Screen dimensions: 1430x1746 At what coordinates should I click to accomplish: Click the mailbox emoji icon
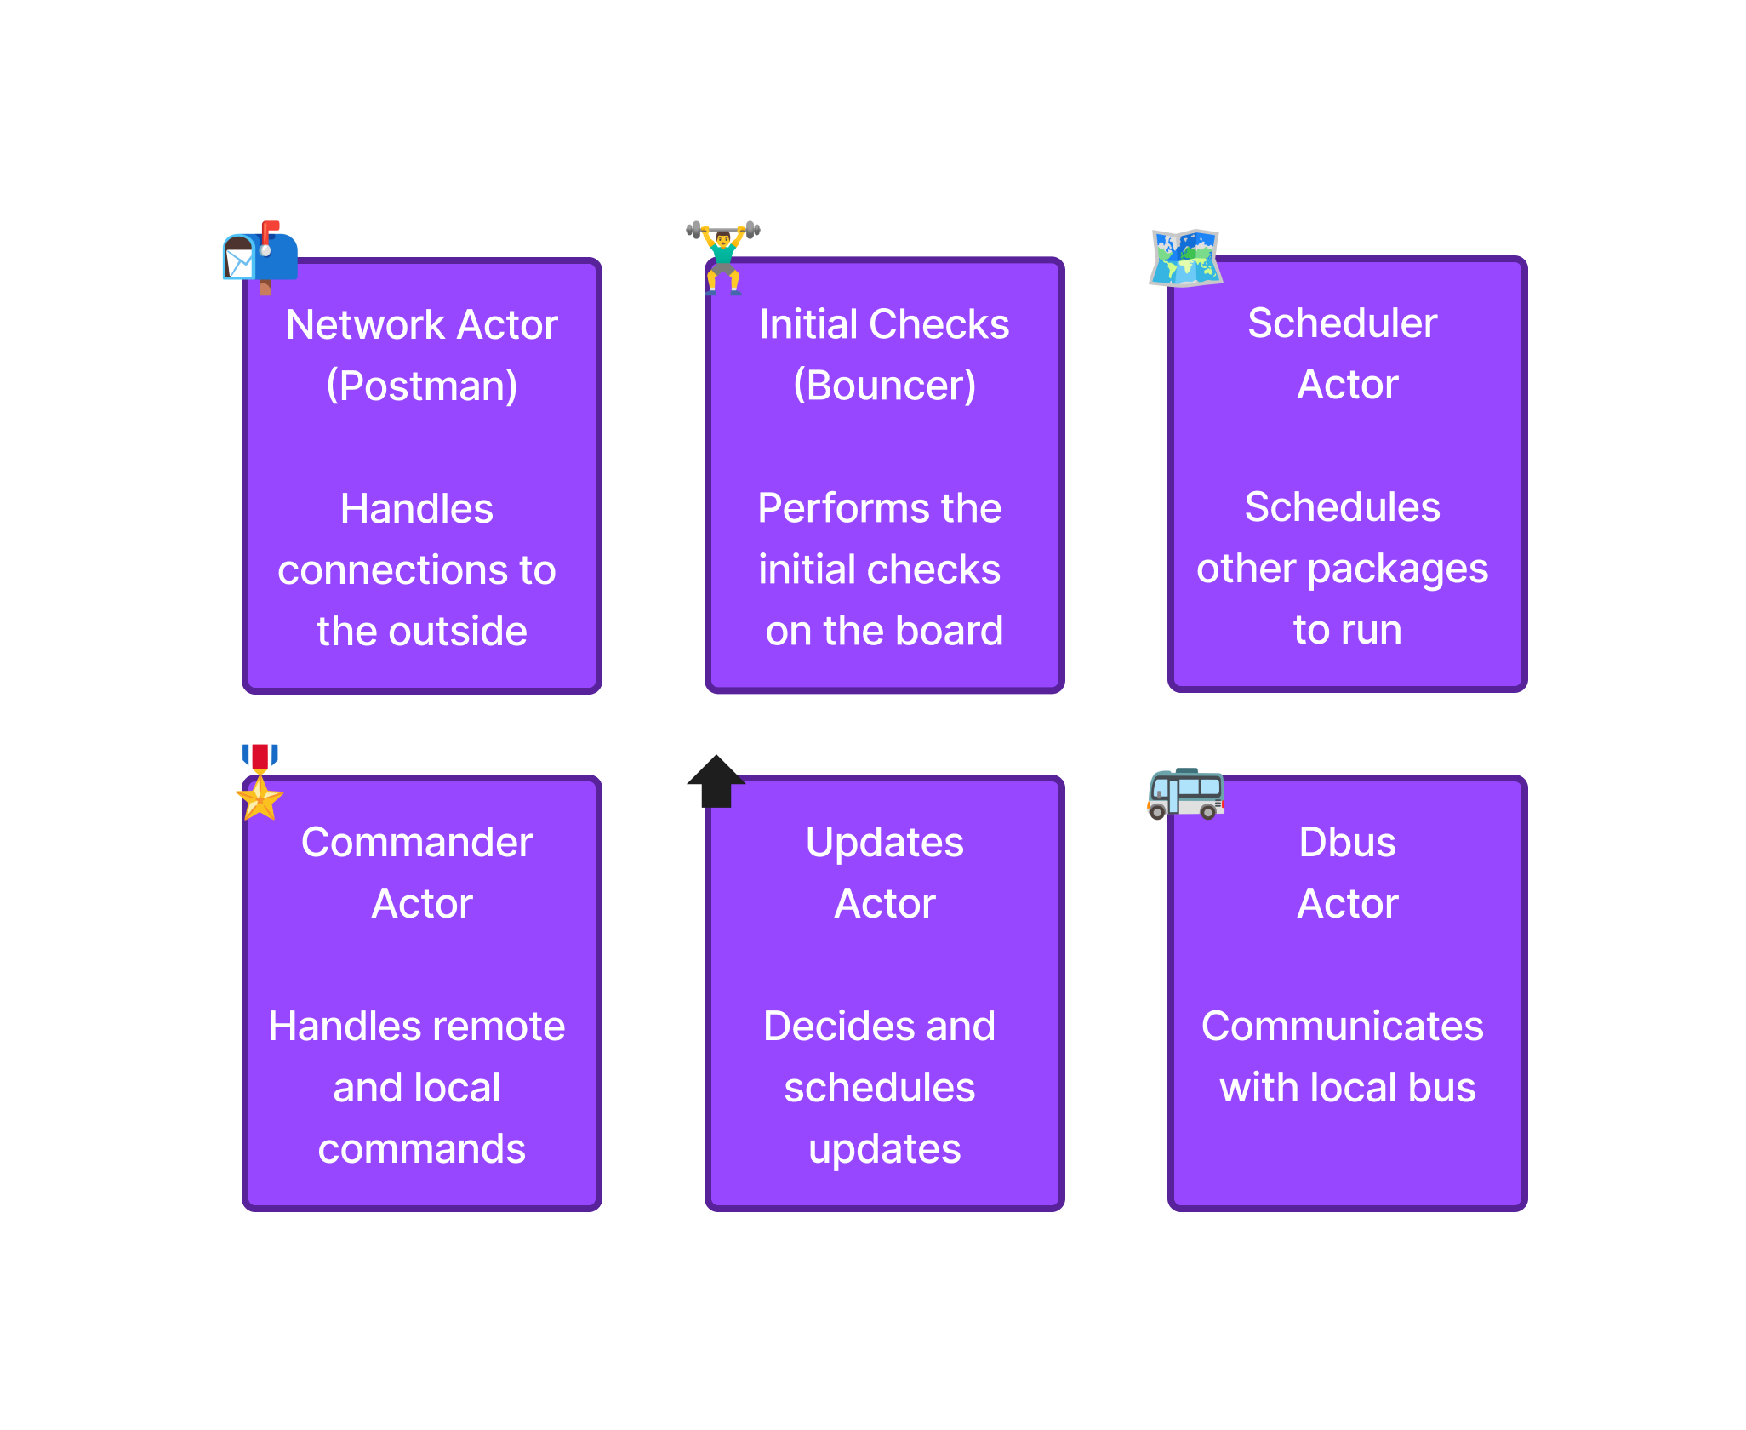[260, 256]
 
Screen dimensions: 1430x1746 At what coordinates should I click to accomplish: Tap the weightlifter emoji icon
[723, 256]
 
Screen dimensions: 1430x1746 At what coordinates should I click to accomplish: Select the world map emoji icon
[1185, 256]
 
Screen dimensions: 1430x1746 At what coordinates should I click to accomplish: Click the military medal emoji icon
[260, 781]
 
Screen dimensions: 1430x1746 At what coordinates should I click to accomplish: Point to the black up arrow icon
[716, 781]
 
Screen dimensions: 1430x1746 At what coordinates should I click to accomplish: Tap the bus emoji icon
[1185, 792]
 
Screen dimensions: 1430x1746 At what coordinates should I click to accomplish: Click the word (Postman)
[422, 386]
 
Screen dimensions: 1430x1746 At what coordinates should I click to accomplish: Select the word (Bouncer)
[884, 386]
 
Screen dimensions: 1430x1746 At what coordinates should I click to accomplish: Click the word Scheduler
[1342, 323]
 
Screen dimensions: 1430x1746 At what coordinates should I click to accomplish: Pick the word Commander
[417, 843]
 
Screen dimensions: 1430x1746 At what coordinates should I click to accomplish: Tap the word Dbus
[1347, 843]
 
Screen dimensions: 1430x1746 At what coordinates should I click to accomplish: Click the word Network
[365, 325]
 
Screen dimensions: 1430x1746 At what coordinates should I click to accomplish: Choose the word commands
[422, 1149]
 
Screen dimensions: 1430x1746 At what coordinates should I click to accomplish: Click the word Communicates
[1342, 1027]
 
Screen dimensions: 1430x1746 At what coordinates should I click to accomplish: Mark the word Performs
[832, 509]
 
